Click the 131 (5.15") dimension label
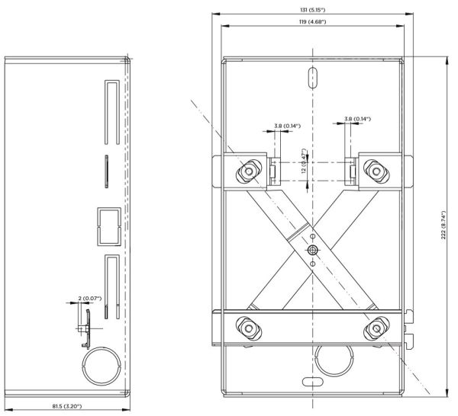coord(313,8)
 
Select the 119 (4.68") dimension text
coord(313,22)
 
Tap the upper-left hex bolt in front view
coord(249,171)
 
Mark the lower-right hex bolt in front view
coord(374,327)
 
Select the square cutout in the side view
coord(108,226)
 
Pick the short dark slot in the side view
coord(106,171)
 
